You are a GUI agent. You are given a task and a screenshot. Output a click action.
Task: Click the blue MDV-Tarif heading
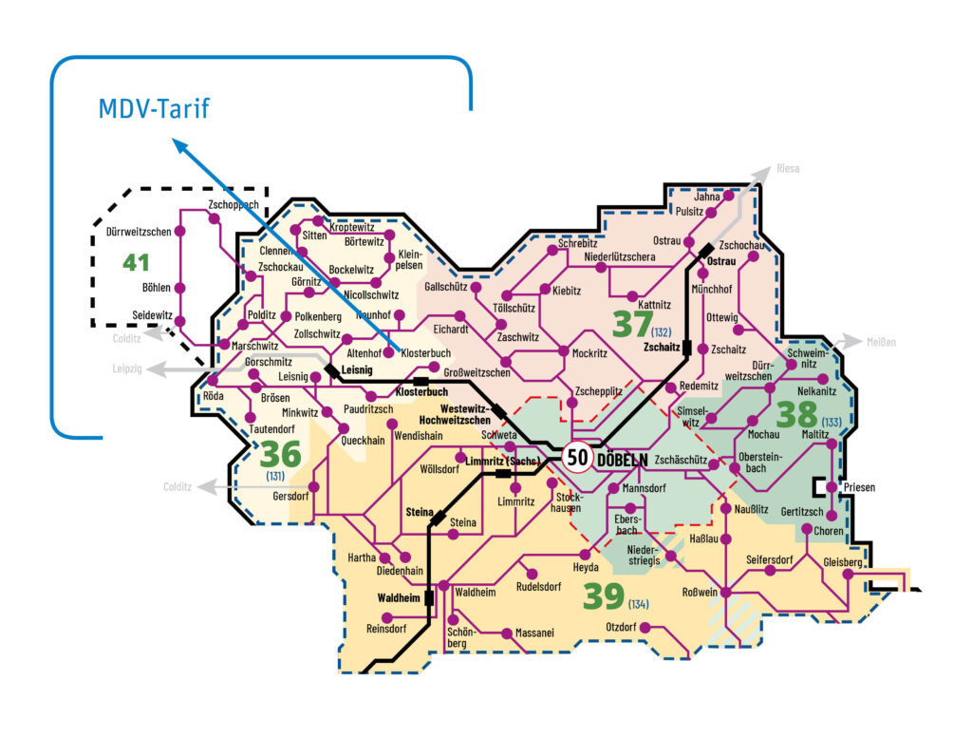154,109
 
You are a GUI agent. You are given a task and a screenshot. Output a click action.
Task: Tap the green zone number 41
137,260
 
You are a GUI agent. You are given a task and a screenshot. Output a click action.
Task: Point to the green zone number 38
796,414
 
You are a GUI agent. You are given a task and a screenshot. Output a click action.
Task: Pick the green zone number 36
280,454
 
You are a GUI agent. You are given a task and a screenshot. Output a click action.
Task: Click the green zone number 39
603,596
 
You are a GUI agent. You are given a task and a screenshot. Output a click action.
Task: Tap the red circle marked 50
577,458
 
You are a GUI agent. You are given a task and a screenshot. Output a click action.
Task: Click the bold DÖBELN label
623,460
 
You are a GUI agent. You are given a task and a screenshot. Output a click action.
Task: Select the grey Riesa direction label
788,169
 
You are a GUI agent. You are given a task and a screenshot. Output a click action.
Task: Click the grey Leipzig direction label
127,369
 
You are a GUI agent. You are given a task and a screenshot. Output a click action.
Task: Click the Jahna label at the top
707,197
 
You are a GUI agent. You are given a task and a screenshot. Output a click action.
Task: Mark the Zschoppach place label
233,205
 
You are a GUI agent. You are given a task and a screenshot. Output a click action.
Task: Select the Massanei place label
534,633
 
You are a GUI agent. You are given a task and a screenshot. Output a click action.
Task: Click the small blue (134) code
638,605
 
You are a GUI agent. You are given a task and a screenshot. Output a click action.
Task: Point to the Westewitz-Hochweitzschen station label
457,414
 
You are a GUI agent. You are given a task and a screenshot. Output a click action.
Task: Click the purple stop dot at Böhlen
180,288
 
